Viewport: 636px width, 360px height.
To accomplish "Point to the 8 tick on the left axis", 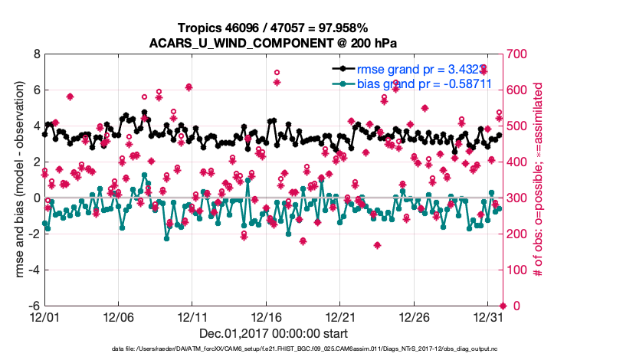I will click(x=36, y=54).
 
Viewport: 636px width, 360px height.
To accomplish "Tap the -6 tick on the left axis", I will click(x=34, y=306).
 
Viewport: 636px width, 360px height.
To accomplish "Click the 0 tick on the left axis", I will click(x=36, y=198).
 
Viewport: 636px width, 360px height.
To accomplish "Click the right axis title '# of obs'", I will click(x=538, y=180).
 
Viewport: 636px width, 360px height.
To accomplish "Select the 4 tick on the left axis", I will click(x=36, y=126).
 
